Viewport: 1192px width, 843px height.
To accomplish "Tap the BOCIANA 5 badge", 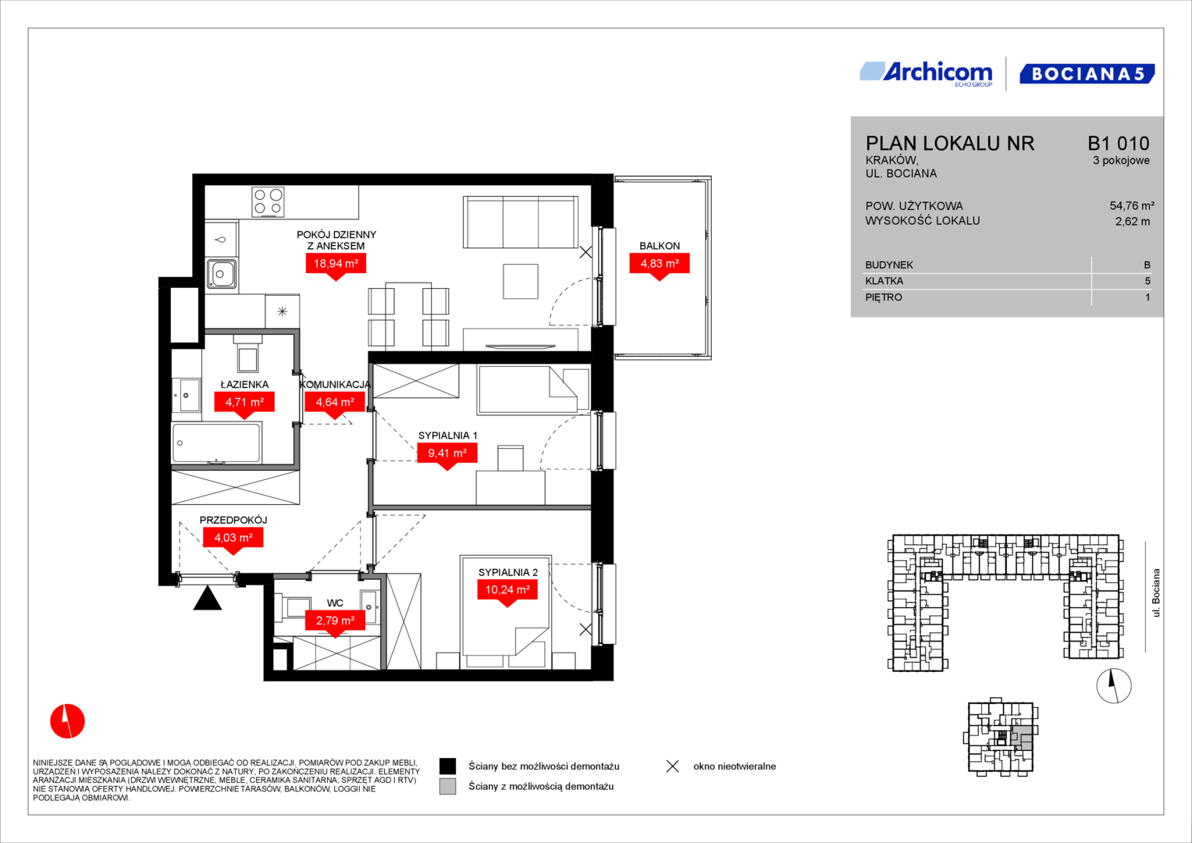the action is point(1087,73).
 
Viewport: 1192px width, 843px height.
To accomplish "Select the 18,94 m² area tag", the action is point(336,266).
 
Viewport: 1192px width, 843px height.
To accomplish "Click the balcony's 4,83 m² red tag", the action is point(660,266).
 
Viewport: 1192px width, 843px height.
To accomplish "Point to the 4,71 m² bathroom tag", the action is point(244,405).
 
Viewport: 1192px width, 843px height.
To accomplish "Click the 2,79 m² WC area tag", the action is point(335,624).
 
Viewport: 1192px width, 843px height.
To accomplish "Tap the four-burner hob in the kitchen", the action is point(268,201).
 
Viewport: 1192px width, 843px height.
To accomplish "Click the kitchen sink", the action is point(221,274).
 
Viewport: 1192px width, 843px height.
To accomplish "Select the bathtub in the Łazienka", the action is point(216,443).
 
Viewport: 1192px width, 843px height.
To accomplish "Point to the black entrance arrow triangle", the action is point(207,598).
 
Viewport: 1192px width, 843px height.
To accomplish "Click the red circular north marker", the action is point(68,721).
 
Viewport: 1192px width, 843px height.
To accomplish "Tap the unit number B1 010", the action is point(1119,143).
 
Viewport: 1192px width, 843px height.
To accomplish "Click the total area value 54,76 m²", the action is point(1132,205).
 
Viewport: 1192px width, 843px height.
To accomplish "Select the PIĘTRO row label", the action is point(884,297).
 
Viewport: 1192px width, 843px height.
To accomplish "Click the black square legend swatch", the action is point(447,766).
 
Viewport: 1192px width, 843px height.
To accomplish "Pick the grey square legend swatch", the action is point(447,786).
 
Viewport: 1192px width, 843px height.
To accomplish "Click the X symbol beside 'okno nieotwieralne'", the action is point(673,767).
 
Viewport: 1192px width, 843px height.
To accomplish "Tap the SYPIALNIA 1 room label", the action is point(447,436).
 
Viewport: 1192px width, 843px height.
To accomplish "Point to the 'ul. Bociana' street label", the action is point(1156,593).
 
